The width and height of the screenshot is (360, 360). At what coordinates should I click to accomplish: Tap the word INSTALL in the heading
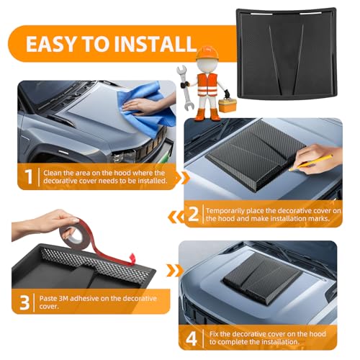[x=155, y=44]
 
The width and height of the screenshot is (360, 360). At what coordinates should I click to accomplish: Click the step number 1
[x=29, y=176]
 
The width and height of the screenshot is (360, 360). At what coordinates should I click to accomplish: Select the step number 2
[x=194, y=215]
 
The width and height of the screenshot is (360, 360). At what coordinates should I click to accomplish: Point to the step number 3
[x=24, y=302]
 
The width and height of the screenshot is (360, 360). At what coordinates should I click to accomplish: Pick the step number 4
[x=192, y=338]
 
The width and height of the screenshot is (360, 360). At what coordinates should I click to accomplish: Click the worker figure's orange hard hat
[x=207, y=53]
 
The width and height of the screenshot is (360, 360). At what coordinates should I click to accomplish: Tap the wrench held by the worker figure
[x=185, y=88]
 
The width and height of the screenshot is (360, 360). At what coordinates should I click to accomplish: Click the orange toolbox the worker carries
[x=228, y=105]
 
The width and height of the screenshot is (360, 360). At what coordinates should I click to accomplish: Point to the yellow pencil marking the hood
[x=311, y=163]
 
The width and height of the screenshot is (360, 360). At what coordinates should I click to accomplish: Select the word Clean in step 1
[x=51, y=173]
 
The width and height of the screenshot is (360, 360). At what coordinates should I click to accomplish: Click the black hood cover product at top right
[x=287, y=53]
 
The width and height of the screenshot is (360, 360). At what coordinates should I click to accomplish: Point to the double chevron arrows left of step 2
[x=176, y=217]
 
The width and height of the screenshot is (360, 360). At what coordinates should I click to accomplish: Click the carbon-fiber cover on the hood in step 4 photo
[x=261, y=279]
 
